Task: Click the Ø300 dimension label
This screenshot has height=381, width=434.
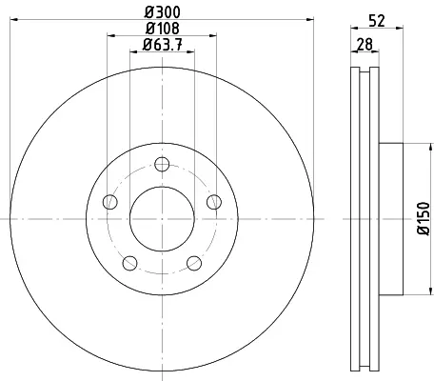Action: click(163, 12)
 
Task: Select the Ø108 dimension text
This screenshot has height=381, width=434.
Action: click(163, 29)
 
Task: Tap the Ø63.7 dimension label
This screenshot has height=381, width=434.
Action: click(163, 45)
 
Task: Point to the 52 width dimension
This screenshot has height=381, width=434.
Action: click(377, 21)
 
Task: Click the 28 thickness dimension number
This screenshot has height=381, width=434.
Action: click(365, 44)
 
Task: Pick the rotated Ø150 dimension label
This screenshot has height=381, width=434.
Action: click(424, 219)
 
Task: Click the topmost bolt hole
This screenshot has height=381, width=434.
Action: click(162, 164)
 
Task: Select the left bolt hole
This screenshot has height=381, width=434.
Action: click(110, 202)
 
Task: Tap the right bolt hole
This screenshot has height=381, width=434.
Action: click(214, 202)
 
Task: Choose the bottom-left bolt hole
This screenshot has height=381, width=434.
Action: click(129, 263)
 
